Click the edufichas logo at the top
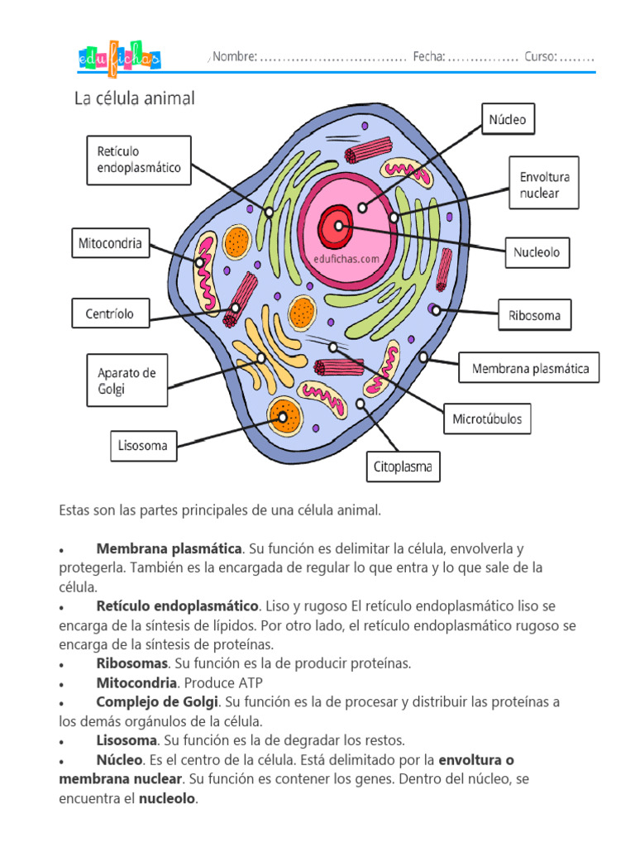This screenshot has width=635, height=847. click(x=119, y=59)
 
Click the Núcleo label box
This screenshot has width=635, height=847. click(x=508, y=119)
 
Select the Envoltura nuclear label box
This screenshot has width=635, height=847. click(x=544, y=183)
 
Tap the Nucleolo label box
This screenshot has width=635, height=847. click(x=537, y=252)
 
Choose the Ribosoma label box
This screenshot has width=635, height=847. click(x=535, y=315)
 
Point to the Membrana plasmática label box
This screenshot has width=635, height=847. click(x=529, y=368)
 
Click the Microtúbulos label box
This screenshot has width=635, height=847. click(x=487, y=419)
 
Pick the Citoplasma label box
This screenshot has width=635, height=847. click(x=403, y=467)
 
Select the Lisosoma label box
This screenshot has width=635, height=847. click(x=144, y=446)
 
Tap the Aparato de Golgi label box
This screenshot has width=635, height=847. click(x=127, y=380)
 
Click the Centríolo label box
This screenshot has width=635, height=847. click(x=111, y=313)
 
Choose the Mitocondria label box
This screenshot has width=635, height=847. click(x=111, y=243)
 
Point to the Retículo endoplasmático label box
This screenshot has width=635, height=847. click(x=139, y=160)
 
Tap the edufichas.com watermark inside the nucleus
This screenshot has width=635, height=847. click(x=346, y=259)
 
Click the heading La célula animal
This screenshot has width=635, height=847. click(x=135, y=98)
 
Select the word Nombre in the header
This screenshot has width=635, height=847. click(x=234, y=56)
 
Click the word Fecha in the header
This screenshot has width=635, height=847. click(x=429, y=56)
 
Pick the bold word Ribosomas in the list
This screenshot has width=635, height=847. click(x=132, y=663)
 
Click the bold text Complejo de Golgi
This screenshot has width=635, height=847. click(x=157, y=702)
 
